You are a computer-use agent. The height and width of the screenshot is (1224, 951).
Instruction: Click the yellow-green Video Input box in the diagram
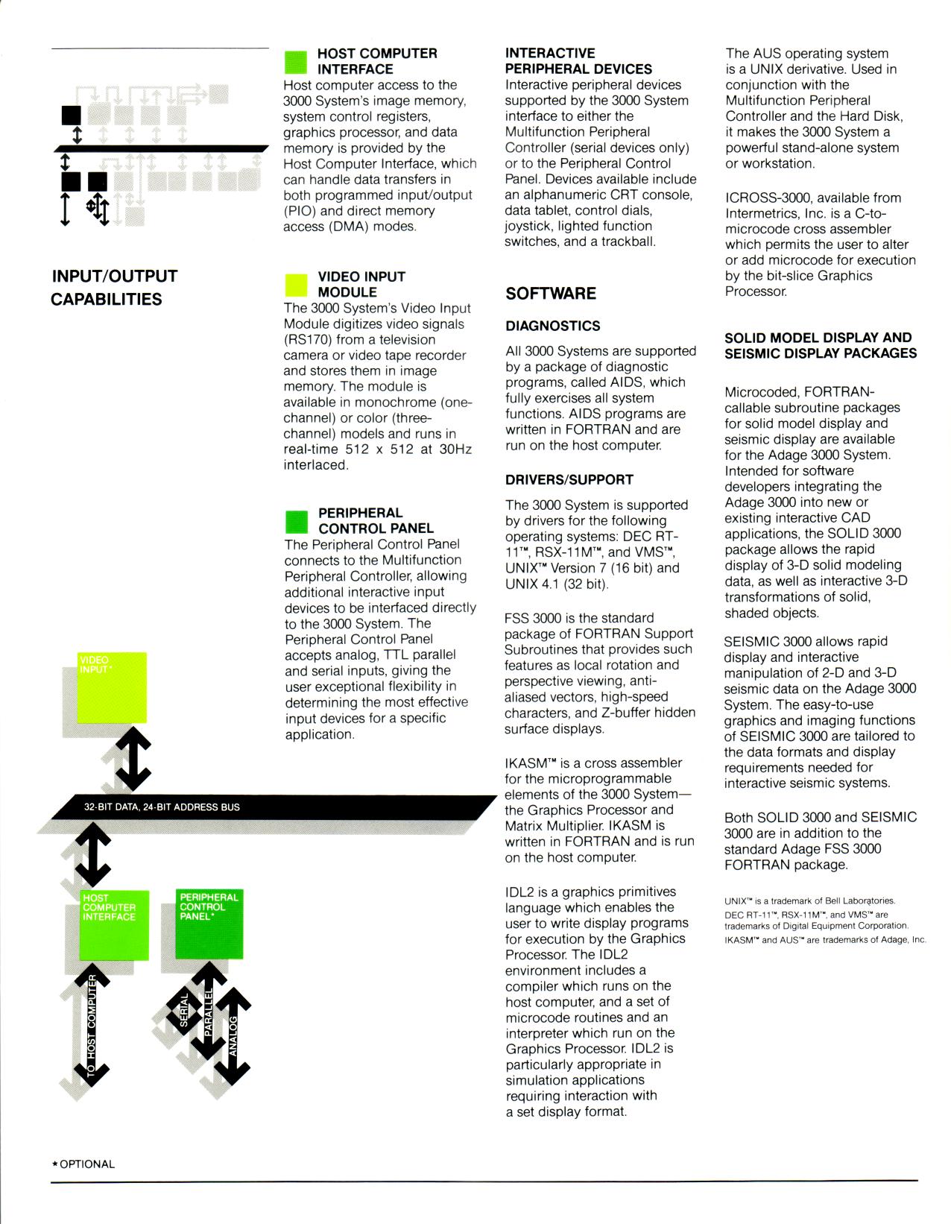[113, 687]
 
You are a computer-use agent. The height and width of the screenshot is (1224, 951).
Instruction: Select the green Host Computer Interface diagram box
[113, 925]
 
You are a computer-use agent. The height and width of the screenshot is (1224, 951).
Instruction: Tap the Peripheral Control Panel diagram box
[209, 924]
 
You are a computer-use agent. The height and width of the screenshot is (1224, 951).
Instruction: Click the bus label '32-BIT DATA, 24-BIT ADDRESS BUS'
[162, 807]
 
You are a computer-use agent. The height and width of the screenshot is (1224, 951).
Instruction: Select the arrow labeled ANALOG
[233, 1036]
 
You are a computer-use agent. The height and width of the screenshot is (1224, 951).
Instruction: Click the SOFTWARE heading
[551, 294]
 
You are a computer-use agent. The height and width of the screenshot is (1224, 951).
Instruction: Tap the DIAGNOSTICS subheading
[552, 326]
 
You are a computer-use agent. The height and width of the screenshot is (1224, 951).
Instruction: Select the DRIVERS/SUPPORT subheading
[569, 479]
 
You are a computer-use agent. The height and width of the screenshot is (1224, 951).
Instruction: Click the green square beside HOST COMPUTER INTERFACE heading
[296, 62]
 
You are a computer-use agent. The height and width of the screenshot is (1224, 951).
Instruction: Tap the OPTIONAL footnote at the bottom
[83, 1164]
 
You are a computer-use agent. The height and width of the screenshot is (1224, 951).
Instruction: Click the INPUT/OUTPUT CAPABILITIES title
[114, 288]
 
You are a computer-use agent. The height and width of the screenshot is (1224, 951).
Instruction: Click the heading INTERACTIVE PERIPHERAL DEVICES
[578, 61]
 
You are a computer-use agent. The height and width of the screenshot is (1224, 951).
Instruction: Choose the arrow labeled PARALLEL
[209, 1010]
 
